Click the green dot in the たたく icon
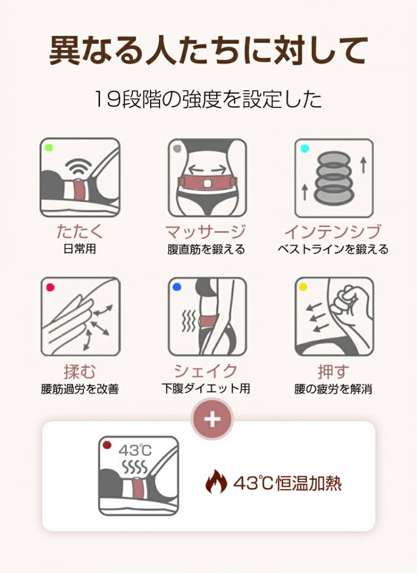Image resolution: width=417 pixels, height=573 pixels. (x=48, y=148)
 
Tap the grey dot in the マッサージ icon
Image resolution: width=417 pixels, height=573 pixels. (x=177, y=148)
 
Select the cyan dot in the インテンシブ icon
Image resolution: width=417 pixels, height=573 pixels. (x=305, y=148)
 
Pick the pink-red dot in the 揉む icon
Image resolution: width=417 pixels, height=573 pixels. (x=50, y=287)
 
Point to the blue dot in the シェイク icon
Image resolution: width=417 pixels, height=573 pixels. (x=177, y=287)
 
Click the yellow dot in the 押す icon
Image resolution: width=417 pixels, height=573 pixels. (x=303, y=287)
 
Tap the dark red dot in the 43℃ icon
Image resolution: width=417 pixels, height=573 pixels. (x=107, y=445)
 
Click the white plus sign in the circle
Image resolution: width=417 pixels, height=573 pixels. (x=212, y=419)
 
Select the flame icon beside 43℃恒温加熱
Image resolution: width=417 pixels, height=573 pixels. (x=216, y=482)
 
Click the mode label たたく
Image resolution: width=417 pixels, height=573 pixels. (x=80, y=231)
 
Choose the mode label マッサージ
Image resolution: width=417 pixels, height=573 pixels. (x=206, y=232)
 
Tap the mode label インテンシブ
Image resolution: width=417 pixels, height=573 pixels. (x=332, y=232)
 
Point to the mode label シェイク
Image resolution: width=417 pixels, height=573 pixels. (x=206, y=371)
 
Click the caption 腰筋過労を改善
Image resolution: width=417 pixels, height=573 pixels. (x=80, y=389)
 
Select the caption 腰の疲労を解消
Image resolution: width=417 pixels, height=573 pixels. (x=333, y=389)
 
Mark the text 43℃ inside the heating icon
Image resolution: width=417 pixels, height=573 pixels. (x=135, y=451)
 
